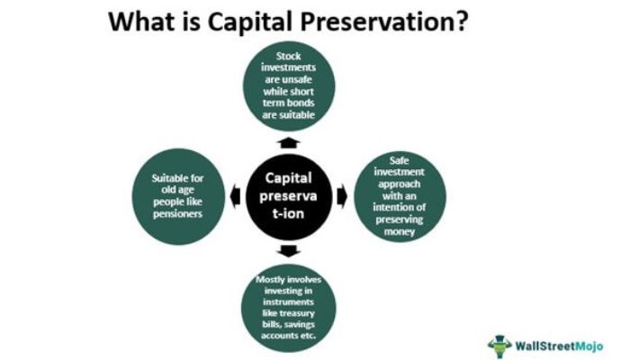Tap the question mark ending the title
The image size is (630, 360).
[460, 21]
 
